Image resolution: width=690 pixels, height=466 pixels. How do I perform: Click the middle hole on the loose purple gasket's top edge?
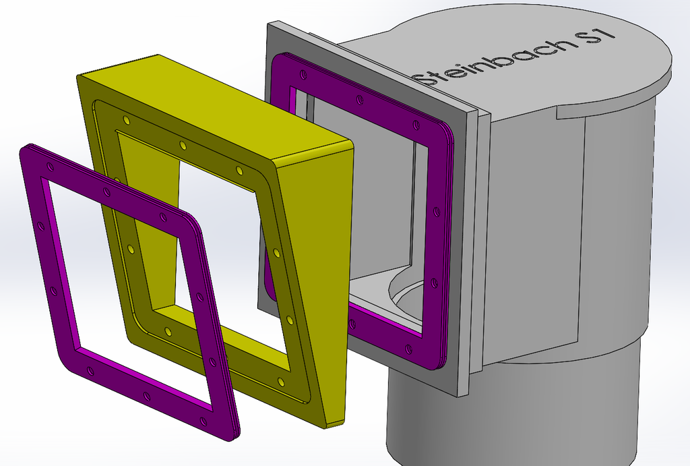107,192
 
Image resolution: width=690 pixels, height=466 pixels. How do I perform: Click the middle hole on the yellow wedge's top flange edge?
183,145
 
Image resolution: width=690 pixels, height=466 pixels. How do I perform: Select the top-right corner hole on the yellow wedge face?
239,169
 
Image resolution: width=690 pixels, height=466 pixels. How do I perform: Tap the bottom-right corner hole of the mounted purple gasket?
408,349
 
